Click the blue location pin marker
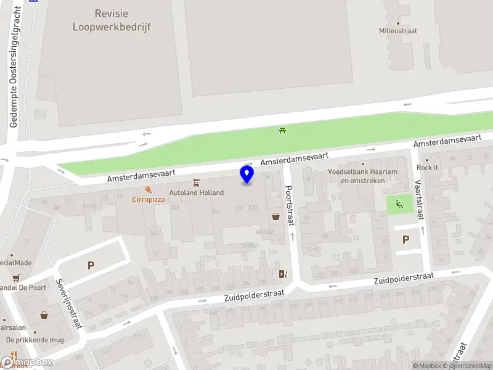point(247,174)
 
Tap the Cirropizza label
point(148,199)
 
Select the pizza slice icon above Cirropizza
point(148,190)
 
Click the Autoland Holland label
point(197,192)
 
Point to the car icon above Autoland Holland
point(196,183)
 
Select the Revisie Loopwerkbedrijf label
point(112,20)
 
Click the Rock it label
point(428,167)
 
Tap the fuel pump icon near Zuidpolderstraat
point(283,274)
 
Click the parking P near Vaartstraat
point(405,240)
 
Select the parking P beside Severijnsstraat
point(91,266)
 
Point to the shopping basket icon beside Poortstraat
point(275,216)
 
